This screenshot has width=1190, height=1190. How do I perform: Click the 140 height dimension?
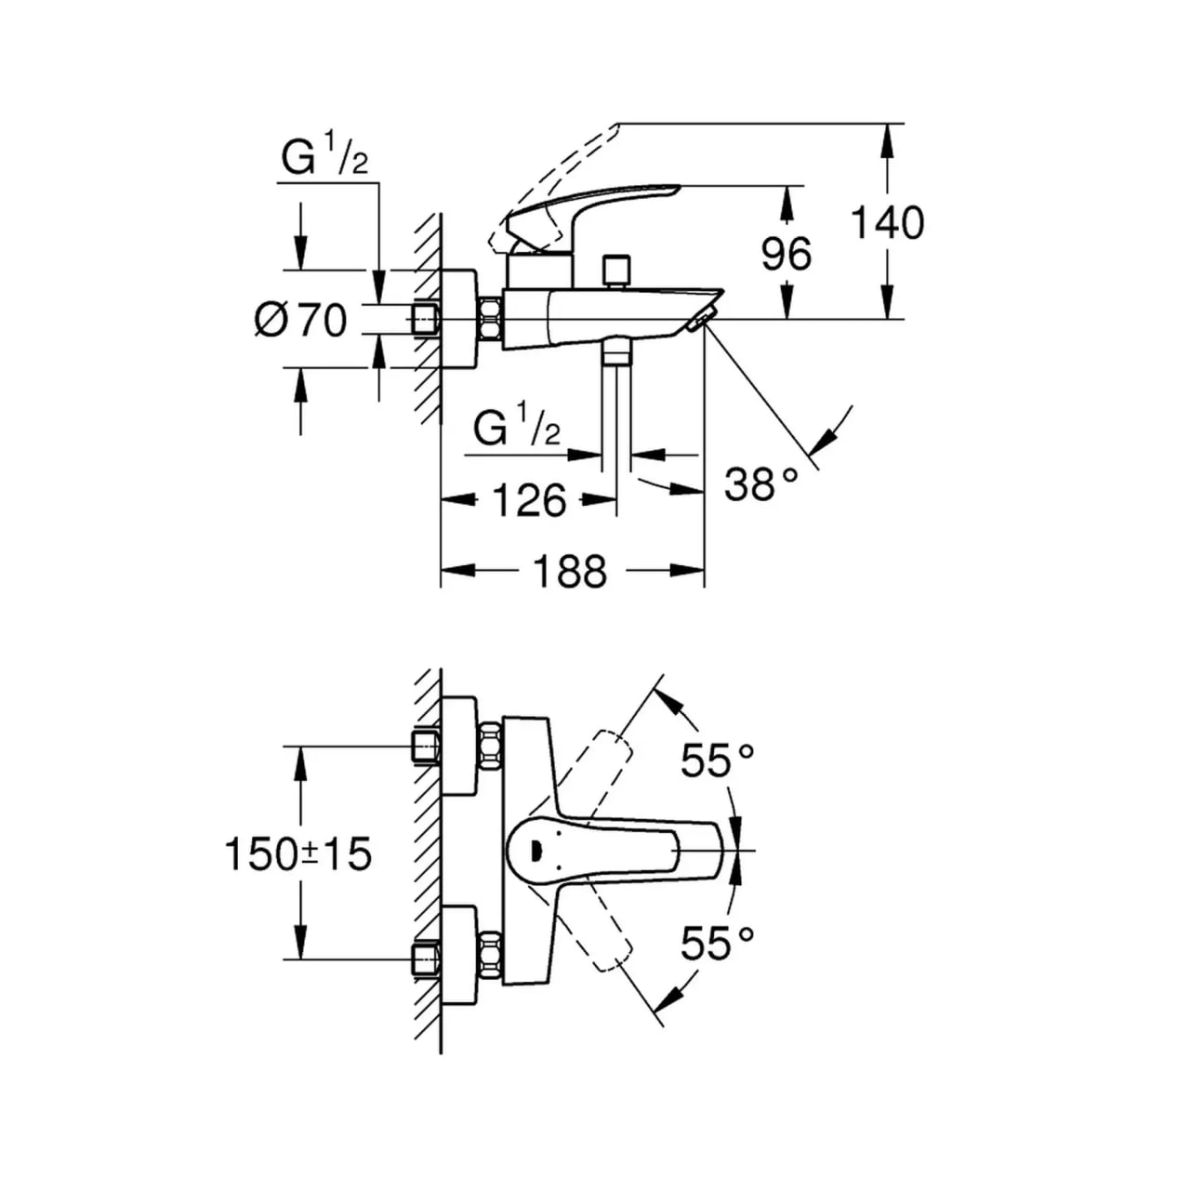(x=888, y=223)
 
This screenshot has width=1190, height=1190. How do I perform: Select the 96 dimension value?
(x=787, y=253)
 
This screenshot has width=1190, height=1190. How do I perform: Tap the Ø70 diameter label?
(x=300, y=321)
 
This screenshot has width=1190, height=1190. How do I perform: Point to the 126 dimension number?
(x=528, y=501)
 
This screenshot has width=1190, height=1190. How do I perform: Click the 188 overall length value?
(x=570, y=571)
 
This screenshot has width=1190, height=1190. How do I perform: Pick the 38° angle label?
(x=760, y=484)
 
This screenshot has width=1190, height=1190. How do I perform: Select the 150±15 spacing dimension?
(x=298, y=853)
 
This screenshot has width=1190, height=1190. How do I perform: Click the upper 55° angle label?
(x=717, y=761)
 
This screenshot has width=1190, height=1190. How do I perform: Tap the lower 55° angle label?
(x=717, y=945)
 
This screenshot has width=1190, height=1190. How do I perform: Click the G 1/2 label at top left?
(x=325, y=159)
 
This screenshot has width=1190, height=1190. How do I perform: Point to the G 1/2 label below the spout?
(x=517, y=429)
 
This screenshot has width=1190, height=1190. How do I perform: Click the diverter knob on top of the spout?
(x=615, y=271)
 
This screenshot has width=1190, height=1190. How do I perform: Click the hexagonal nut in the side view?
(x=490, y=320)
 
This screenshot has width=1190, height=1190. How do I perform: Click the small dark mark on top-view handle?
(x=535, y=848)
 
